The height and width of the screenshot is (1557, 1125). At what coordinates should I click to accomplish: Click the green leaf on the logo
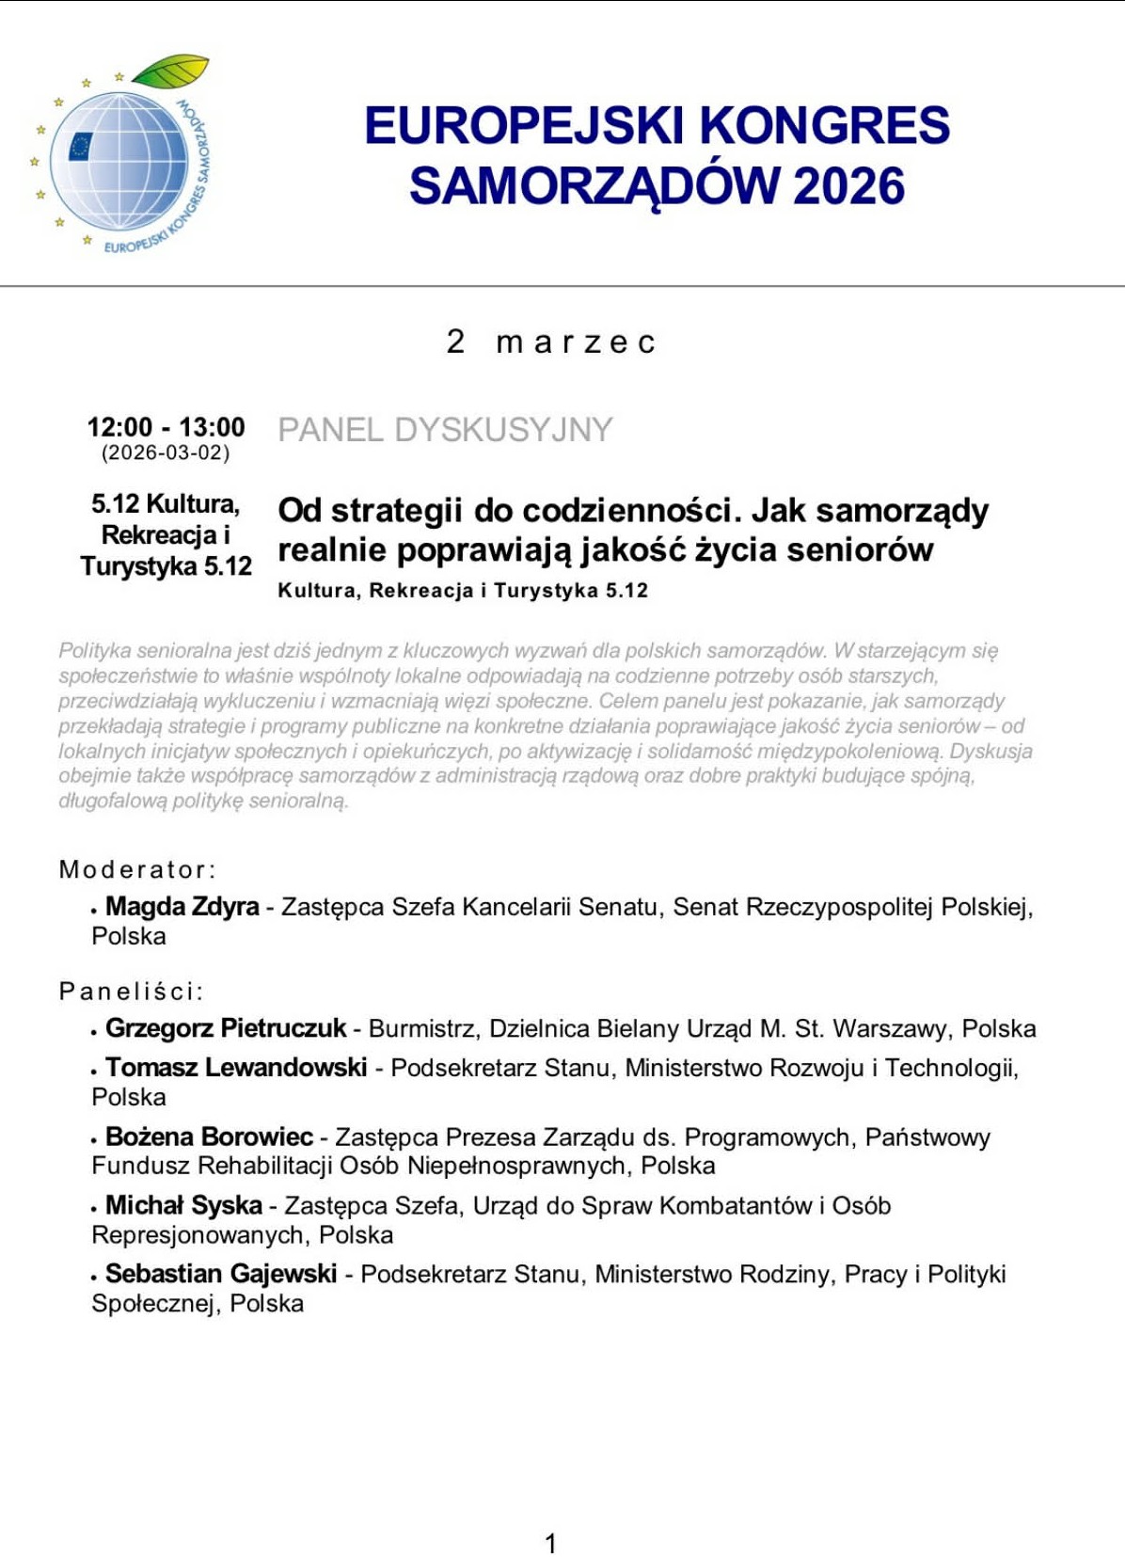[x=171, y=71]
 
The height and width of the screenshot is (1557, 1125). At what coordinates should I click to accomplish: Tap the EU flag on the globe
[x=80, y=146]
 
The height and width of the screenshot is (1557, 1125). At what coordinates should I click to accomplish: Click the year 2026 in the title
[x=848, y=185]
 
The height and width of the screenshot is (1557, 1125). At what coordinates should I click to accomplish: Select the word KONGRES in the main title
[x=825, y=126]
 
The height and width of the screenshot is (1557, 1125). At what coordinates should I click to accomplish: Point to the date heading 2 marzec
[x=550, y=342]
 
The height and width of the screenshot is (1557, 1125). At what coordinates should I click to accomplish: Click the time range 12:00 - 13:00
[x=166, y=427]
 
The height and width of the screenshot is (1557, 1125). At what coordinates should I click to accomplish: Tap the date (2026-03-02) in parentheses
[x=166, y=453]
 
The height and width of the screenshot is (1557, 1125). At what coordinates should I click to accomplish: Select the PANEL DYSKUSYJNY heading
[x=445, y=430]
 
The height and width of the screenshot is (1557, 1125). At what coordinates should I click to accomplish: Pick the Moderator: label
[x=137, y=869]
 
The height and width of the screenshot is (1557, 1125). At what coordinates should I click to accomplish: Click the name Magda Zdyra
[x=182, y=906]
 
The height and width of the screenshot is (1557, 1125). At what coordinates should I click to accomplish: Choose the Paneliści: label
[x=132, y=991]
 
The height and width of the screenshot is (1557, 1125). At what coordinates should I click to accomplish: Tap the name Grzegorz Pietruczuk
[x=226, y=1028]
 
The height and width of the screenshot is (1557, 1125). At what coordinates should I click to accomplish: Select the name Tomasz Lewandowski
[x=236, y=1067]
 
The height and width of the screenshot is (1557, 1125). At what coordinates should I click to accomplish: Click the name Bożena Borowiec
[x=209, y=1136]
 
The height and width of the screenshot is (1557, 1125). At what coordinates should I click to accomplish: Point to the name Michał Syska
[x=183, y=1205]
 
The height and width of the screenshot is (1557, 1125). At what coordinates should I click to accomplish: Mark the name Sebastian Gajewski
[x=221, y=1274]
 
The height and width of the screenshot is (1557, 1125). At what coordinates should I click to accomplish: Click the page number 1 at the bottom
[x=551, y=1543]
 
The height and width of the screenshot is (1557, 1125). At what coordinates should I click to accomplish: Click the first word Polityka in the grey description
[x=95, y=650]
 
